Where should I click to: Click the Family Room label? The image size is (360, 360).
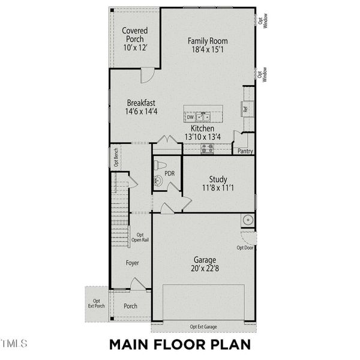click(x=208, y=41)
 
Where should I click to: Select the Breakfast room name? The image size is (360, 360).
click(x=140, y=103)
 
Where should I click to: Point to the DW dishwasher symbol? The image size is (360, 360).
click(x=190, y=118)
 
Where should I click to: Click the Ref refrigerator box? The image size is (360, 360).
click(x=245, y=110)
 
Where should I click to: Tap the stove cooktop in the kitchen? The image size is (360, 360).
click(x=207, y=148)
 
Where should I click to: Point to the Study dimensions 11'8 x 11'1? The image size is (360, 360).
click(x=217, y=188)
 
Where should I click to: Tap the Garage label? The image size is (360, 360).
click(x=204, y=260)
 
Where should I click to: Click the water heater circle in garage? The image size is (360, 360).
click(x=247, y=220)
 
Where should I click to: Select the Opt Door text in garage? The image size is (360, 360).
click(x=245, y=247)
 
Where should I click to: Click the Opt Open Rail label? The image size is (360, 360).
click(x=140, y=238)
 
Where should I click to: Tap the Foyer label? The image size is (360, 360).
click(x=132, y=263)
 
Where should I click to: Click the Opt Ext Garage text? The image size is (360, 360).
click(x=203, y=326)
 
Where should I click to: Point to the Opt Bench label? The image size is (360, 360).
click(x=115, y=157)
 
